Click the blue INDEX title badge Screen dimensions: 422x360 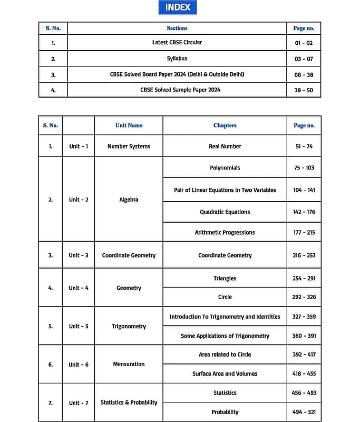(178, 7)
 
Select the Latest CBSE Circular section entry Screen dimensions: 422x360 (177, 42)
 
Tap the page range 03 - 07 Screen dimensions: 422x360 (304, 59)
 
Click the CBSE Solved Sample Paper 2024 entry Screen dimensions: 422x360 (177, 90)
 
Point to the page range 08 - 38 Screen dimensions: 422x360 (304, 74)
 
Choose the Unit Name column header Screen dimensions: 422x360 (129, 126)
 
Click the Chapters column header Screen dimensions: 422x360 (225, 126)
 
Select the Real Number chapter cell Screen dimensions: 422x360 (225, 146)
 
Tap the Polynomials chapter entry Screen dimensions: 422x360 (225, 168)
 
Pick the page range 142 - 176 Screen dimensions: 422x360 (304, 212)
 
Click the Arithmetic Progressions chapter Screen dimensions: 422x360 (225, 232)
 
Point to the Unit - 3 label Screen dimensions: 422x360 (79, 255)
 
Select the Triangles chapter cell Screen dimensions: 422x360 (225, 278)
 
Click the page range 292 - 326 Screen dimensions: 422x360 (304, 297)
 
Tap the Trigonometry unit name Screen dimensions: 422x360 (129, 327)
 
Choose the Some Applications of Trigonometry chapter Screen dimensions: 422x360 (225, 336)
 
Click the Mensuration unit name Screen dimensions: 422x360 (129, 364)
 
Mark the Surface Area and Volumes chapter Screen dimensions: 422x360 (225, 373)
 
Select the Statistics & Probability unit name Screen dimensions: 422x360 (129, 402)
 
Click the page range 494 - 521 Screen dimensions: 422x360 (304, 412)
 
